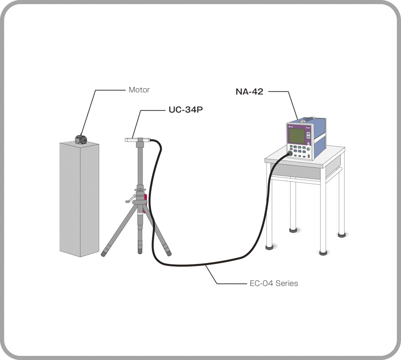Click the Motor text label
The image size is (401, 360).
pos(139,90)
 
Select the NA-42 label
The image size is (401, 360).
pos(250,91)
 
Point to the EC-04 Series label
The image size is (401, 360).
pos(273,283)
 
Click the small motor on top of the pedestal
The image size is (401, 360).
pos(80,139)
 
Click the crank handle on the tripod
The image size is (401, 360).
pos(129,200)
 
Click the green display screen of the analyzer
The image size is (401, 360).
pos(297,136)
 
